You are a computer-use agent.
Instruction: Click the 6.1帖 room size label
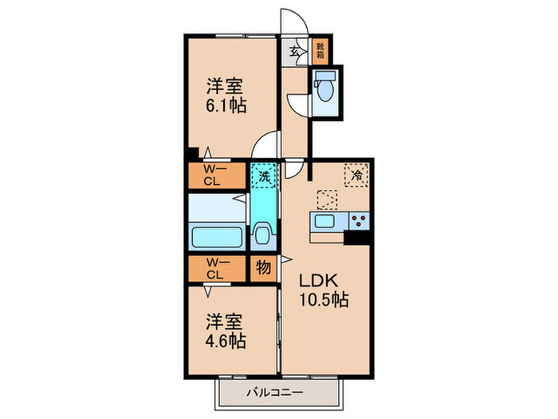[226, 105]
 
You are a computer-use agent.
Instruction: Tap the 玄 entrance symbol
[294, 51]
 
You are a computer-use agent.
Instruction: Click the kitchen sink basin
[327, 221]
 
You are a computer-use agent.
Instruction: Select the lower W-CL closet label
[212, 269]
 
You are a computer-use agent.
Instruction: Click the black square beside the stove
[357, 236]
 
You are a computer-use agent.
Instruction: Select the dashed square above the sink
[327, 200]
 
